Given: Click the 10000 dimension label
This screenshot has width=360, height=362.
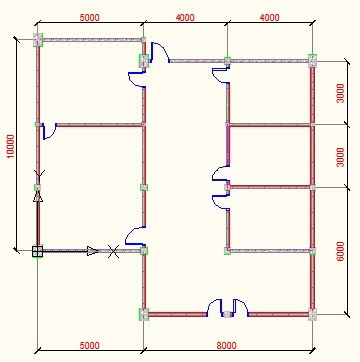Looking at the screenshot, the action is tap(11, 146).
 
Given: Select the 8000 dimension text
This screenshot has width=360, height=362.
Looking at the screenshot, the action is tap(227, 346).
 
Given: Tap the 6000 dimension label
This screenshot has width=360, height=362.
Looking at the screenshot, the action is tap(341, 251).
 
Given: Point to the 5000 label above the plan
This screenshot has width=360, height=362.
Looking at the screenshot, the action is tap(89, 17).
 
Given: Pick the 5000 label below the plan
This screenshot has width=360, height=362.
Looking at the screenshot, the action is tap(89, 346).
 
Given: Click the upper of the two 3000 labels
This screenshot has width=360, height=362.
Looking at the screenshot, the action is tap(341, 93).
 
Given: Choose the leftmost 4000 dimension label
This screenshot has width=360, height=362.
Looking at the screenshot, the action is tap(184, 17).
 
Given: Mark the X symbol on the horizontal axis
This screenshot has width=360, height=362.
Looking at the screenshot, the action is tap(113, 251).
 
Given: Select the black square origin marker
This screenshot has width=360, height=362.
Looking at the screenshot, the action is tap(37, 251).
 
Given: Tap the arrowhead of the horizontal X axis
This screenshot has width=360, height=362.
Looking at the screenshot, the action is tap(93, 251).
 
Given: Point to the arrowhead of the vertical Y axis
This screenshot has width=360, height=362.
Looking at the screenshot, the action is tap(38, 196).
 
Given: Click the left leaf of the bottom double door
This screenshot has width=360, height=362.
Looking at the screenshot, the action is tap(214, 307).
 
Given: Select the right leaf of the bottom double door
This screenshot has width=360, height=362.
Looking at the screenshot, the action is tap(241, 307).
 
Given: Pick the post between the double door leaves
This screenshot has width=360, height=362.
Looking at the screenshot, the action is tap(227, 314).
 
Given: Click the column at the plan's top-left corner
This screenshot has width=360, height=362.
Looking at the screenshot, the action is tap(38, 40).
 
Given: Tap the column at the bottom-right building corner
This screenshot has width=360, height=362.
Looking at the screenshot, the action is tap(312, 314).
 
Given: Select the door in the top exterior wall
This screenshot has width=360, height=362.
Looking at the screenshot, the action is tap(159, 52).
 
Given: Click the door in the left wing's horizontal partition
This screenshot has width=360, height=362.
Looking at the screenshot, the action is tap(49, 131).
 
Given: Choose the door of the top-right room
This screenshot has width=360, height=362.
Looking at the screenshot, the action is tap(220, 75).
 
